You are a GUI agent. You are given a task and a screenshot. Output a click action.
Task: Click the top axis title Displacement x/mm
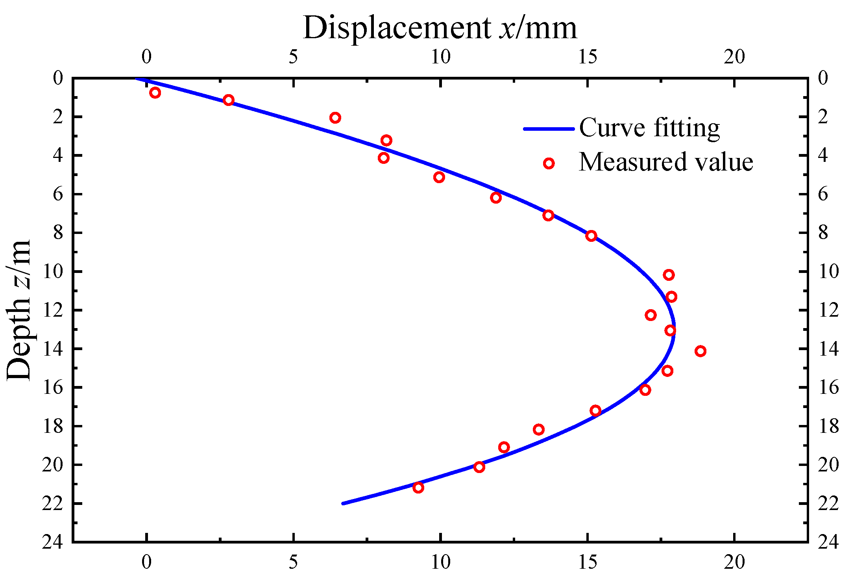(440, 28)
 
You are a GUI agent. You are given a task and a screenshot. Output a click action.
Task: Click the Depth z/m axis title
(19, 310)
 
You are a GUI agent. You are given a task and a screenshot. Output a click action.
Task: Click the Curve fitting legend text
(649, 128)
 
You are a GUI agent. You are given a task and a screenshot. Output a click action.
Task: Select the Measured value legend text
(666, 162)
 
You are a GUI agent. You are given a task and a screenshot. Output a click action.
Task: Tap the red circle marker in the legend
(549, 163)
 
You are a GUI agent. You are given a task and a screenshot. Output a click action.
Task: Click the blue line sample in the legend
(549, 129)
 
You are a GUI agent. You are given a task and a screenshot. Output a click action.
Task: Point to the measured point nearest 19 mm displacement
(700, 351)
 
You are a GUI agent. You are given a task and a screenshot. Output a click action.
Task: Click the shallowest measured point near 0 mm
(155, 93)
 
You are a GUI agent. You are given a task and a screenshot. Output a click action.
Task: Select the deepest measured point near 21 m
(418, 488)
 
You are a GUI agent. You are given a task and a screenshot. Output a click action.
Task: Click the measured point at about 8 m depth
(591, 236)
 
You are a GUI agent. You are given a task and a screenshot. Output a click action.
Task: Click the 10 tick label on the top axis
(440, 58)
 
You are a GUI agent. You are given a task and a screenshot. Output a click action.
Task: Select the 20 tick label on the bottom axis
(734, 562)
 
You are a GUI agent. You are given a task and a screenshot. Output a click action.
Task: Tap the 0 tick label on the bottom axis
(146, 562)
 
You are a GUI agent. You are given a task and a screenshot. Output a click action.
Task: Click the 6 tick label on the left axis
(57, 194)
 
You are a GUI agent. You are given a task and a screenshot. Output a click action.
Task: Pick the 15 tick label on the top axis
(588, 58)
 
